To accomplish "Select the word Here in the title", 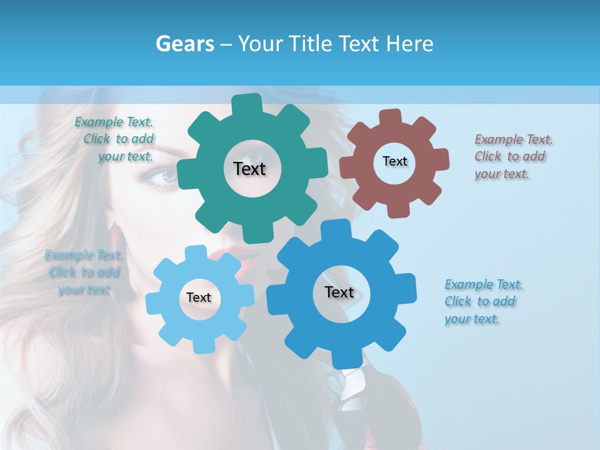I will (410, 44).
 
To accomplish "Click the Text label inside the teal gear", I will (249, 169).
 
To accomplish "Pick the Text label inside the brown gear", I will (394, 161).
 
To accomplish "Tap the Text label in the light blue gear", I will (199, 297).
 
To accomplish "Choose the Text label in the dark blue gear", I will (339, 292).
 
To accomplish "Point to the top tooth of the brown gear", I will (391, 117).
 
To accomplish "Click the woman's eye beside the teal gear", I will (164, 178).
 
